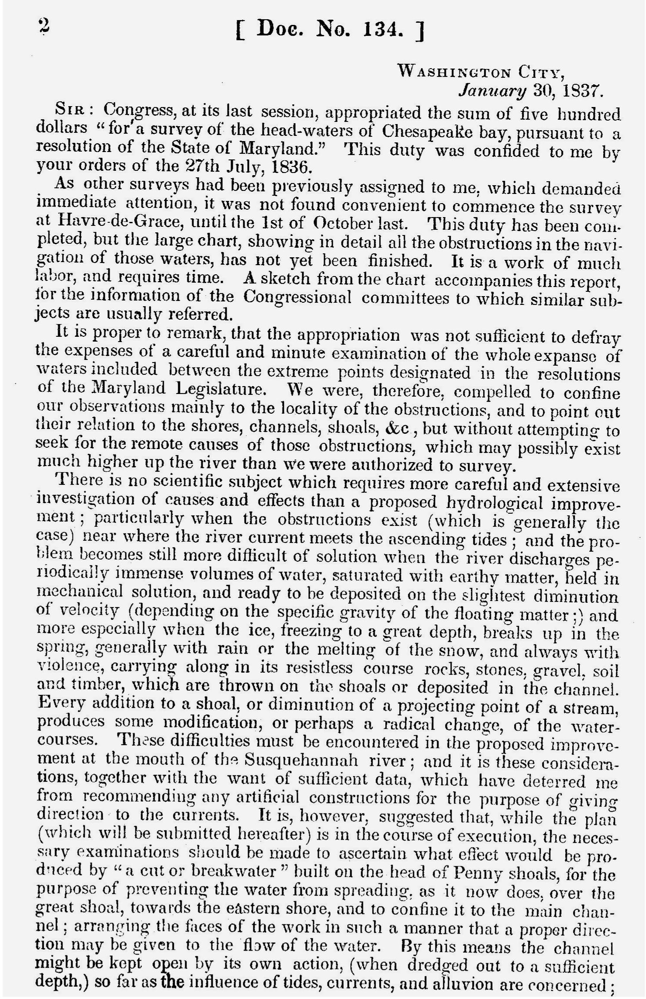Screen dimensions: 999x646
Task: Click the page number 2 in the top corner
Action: [44, 27]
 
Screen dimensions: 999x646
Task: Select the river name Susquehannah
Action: [301, 760]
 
